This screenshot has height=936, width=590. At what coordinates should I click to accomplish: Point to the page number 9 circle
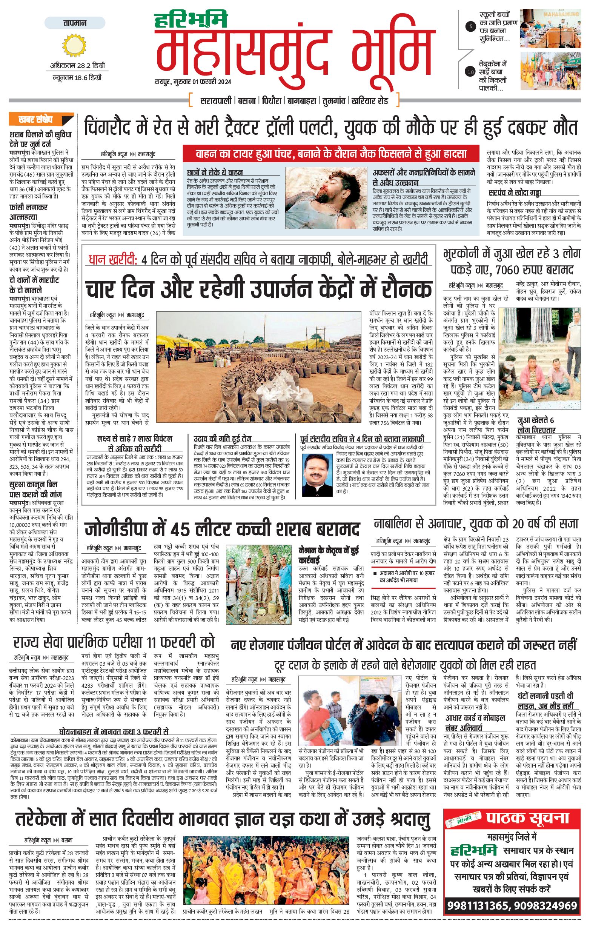[471, 26]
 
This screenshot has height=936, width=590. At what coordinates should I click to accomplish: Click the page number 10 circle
[471, 72]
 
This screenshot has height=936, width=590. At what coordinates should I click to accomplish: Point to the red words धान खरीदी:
[113, 259]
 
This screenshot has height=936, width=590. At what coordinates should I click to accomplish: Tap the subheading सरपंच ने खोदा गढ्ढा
[515, 193]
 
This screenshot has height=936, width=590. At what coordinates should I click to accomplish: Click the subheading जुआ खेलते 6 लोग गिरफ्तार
[536, 425]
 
